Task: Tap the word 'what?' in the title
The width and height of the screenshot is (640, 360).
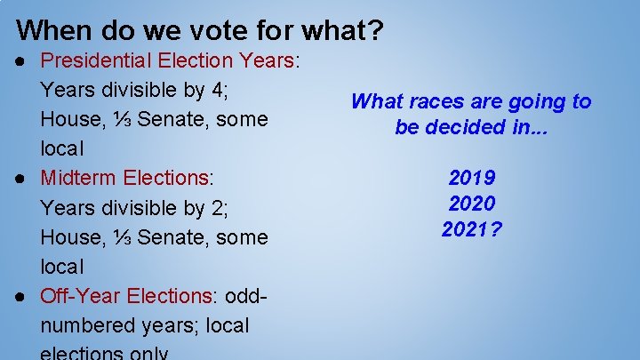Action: point(342,31)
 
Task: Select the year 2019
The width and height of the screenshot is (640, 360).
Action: point(472,178)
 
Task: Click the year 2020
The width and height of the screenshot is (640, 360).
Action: point(472,204)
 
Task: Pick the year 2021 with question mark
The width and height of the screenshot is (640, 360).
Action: point(472,229)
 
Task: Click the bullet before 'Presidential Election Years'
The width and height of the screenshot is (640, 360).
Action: point(21,61)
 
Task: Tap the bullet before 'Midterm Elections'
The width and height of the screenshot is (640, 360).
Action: point(21,178)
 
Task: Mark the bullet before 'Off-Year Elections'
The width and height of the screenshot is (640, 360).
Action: point(21,295)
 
